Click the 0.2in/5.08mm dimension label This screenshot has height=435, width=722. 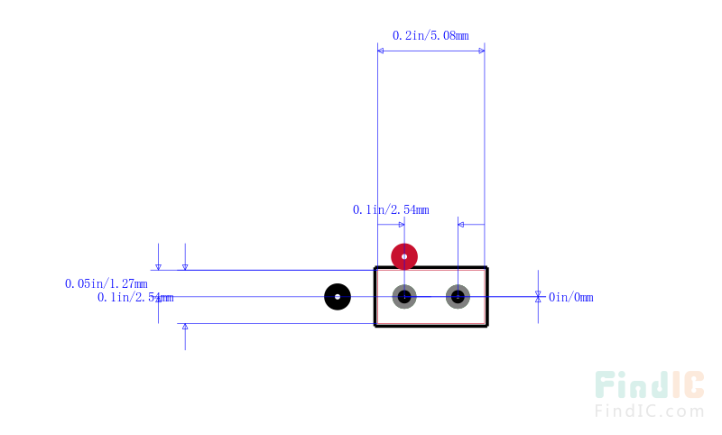(x=430, y=35)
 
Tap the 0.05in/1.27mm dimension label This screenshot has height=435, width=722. (x=106, y=283)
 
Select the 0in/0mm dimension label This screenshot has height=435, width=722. (x=571, y=297)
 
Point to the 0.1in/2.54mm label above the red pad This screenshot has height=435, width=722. (x=391, y=210)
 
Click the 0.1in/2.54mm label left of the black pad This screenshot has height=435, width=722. (x=135, y=297)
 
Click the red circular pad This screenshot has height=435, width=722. (x=404, y=256)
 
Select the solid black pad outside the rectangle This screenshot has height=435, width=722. (x=338, y=297)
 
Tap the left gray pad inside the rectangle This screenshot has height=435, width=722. (x=404, y=297)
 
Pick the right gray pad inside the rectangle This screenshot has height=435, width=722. (x=458, y=297)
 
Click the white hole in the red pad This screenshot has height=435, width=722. (x=404, y=256)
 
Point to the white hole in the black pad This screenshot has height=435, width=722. (x=338, y=297)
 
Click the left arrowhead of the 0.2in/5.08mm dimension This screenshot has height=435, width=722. (x=380, y=51)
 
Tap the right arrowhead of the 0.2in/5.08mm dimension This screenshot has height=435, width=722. (x=482, y=51)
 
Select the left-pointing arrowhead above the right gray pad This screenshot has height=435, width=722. (x=461, y=225)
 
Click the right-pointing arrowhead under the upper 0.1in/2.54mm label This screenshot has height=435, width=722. (x=402, y=225)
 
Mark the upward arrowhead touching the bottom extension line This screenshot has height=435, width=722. (x=185, y=327)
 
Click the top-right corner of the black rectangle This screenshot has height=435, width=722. (x=487, y=267)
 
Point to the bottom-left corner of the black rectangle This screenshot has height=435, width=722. (x=375, y=326)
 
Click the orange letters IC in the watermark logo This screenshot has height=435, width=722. (x=689, y=384)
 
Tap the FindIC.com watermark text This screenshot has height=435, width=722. (x=649, y=411)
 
